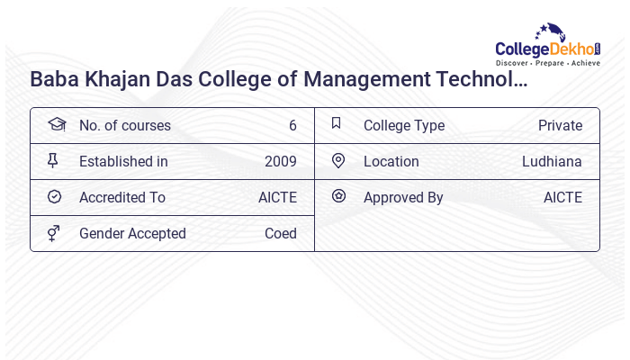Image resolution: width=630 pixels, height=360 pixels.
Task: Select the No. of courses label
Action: pyautogui.click(x=124, y=126)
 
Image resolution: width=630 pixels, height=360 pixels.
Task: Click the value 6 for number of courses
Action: pyautogui.click(x=292, y=126)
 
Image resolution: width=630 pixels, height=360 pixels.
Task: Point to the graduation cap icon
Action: pyautogui.click(x=56, y=125)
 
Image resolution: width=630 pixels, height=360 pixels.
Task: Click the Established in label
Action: pyautogui.click(x=123, y=162)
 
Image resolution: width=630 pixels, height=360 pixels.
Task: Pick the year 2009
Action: pyautogui.click(x=281, y=162)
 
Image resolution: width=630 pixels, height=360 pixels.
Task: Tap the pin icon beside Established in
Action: pyautogui.click(x=53, y=161)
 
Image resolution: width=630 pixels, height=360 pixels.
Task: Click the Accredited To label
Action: pyautogui.click(x=122, y=198)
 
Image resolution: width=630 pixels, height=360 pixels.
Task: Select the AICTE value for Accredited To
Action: pyautogui.click(x=277, y=198)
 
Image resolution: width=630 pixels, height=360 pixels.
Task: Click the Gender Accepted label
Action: pyautogui.click(x=132, y=234)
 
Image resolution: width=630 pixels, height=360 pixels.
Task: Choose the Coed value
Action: pyautogui.click(x=281, y=234)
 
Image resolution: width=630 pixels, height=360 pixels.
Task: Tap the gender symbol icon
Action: pyautogui.click(x=54, y=233)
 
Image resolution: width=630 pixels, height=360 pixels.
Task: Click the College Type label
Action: pyautogui.click(x=404, y=126)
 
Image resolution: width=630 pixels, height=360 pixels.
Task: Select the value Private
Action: pyautogui.click(x=560, y=126)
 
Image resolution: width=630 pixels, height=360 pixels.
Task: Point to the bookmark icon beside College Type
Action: pyautogui.click(x=337, y=124)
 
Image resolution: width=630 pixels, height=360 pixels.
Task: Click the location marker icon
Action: pyautogui.click(x=338, y=161)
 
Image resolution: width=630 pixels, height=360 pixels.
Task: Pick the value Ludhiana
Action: pyautogui.click(x=552, y=162)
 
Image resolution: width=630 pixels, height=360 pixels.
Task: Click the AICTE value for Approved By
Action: pyautogui.click(x=562, y=198)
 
